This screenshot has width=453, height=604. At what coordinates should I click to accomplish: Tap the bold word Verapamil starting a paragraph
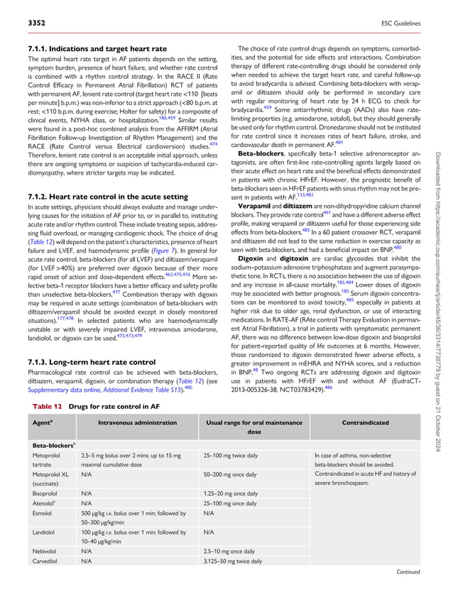258,201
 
